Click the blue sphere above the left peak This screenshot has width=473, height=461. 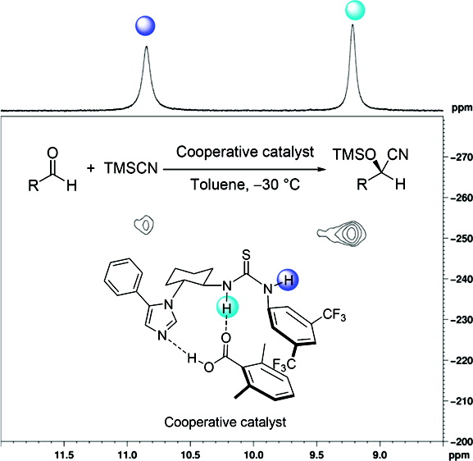[145, 25]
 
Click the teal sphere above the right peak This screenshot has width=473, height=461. [355, 11]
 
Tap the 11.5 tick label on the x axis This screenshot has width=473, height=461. [64, 454]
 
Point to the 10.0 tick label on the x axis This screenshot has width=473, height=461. [253, 454]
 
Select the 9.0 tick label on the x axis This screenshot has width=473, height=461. [380, 454]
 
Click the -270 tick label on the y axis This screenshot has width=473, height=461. [462, 157]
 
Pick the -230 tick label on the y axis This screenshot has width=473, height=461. [462, 320]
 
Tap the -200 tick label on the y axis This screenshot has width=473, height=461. [462, 441]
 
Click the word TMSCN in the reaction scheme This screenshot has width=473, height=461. [131, 168]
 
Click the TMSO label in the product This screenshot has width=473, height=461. [354, 154]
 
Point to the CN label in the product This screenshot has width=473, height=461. [398, 154]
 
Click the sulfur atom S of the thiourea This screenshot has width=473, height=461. [247, 255]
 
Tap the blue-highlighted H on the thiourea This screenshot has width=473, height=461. [288, 281]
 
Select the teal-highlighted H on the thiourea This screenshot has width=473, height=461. [228, 308]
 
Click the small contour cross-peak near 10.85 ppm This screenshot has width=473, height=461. [144, 225]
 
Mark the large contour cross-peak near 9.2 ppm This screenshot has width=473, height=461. [342, 233]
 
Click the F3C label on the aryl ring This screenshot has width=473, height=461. [284, 364]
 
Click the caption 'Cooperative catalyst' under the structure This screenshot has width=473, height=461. [225, 422]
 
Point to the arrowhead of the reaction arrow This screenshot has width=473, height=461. [323, 169]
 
